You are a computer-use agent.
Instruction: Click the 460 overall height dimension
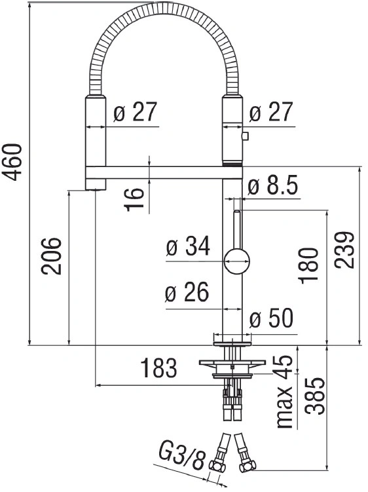(14, 162)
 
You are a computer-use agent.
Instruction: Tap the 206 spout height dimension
(52, 256)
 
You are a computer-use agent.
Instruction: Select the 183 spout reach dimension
(158, 368)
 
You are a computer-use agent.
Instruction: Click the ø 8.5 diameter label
(272, 187)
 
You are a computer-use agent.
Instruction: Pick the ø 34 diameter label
(188, 246)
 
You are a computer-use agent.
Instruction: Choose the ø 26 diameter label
(187, 292)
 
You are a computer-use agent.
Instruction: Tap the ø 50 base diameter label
(272, 318)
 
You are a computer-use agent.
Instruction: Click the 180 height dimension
(309, 266)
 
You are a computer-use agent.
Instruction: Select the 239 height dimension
(344, 250)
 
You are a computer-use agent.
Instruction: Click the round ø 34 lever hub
(237, 261)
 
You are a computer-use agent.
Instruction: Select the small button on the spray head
(245, 136)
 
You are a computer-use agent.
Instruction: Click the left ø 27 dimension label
(135, 112)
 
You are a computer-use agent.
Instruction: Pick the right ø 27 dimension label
(271, 112)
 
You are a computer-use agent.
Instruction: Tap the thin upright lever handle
(238, 229)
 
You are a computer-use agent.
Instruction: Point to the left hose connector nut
(218, 466)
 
